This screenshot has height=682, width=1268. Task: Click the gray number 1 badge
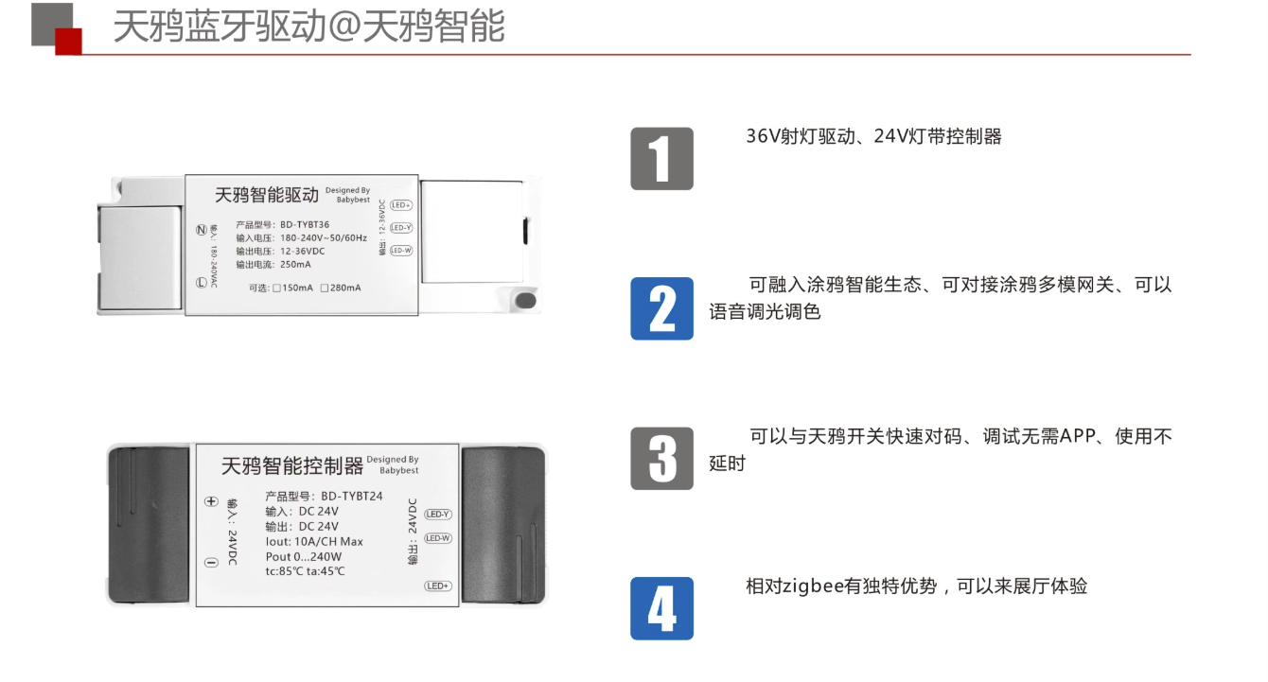click(661, 159)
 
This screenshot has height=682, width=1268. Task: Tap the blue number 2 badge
click(661, 308)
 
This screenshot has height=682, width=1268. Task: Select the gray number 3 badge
click(661, 459)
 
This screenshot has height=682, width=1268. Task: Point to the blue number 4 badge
click(661, 608)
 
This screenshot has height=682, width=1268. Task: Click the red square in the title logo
click(68, 42)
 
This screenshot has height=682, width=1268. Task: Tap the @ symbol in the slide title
click(345, 26)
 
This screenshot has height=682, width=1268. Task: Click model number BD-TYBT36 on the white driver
click(305, 225)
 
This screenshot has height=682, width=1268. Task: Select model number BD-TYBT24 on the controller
click(351, 497)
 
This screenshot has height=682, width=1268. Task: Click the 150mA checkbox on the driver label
click(277, 289)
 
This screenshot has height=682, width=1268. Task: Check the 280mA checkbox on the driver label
click(325, 289)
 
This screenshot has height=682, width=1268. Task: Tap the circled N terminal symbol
click(201, 230)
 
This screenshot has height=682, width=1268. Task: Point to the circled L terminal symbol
click(201, 283)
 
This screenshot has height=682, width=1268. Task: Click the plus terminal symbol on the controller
click(211, 501)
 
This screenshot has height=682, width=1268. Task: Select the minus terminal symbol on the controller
click(211, 563)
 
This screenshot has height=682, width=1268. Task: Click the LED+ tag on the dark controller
click(438, 586)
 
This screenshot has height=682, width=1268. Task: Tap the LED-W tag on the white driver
click(401, 250)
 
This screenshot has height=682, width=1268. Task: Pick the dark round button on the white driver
click(526, 301)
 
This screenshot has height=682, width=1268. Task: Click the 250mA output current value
click(295, 264)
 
